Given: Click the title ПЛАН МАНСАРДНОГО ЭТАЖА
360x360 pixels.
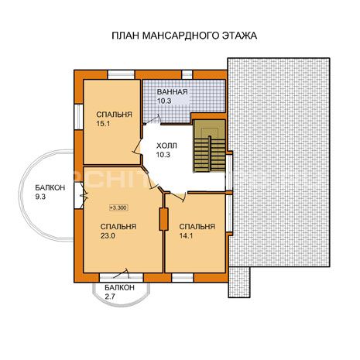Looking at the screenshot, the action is pos(184,36).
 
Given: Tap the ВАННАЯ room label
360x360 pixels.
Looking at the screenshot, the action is pos(172,92).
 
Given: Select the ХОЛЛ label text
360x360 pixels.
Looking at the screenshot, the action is pos(166,146).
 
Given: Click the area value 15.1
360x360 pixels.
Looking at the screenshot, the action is pos(103,124).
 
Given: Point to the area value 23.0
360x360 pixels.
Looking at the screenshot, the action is pos(108,235).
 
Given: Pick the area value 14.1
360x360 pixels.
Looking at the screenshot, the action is pos(187,235).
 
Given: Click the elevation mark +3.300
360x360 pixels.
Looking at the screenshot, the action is pos(119,207).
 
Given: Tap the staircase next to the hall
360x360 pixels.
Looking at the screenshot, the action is pos(209,146).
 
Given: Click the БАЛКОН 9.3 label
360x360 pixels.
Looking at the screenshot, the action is pos(50,192).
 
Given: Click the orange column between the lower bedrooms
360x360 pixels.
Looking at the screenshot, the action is pos(163,219).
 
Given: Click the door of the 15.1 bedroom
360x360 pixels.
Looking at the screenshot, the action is pos(138,146).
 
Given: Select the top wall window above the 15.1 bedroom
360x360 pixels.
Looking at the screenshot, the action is pos(121,74).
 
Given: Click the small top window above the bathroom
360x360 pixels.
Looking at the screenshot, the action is pos(187,74).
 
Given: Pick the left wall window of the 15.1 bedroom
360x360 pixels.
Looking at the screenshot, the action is pos(78,117).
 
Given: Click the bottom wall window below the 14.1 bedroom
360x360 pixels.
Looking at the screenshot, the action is pos(183,278).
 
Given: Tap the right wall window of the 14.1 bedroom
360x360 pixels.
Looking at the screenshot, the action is pos(229,213).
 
